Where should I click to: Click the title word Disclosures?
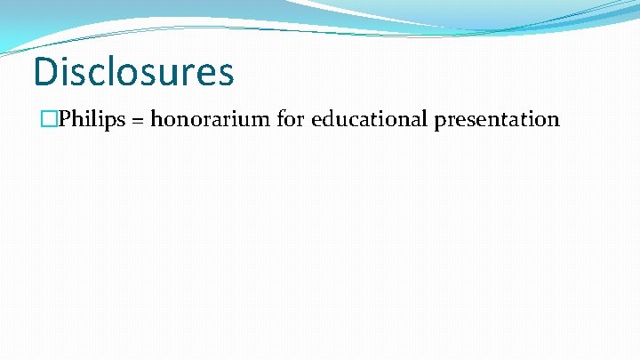133,71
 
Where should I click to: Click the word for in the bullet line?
290,119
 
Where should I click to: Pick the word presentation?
497,119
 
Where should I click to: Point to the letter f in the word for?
280,118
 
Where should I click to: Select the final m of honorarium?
260,121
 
